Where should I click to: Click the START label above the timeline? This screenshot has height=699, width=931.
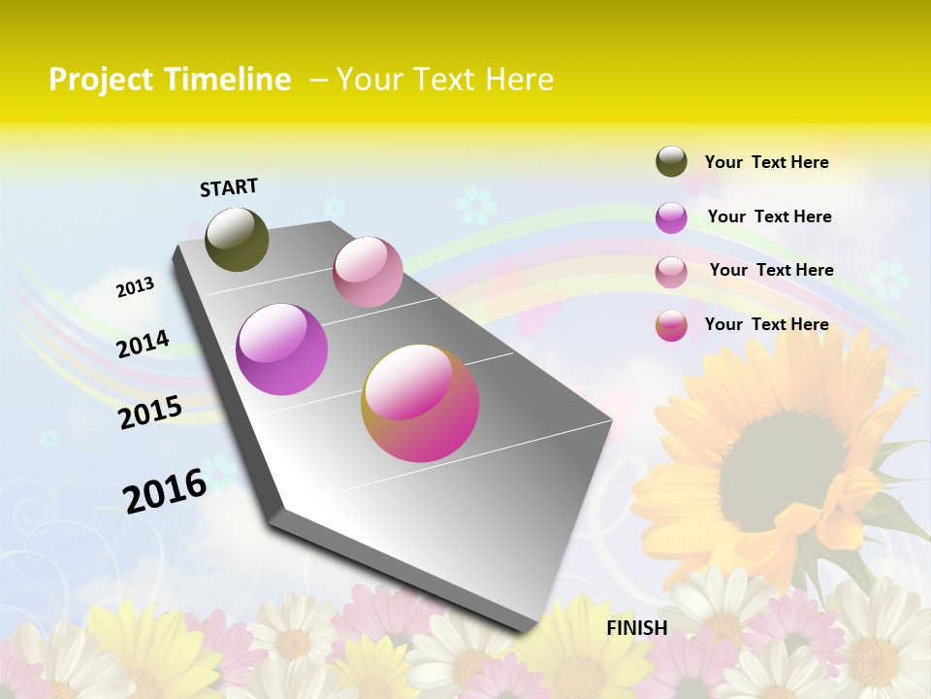(229, 187)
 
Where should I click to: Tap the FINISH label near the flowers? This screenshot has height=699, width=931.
(636, 628)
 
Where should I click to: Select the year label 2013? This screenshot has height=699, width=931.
(136, 286)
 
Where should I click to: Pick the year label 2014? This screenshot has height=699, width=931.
(144, 344)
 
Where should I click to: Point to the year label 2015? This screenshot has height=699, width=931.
(150, 412)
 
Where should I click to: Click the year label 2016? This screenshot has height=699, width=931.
(165, 490)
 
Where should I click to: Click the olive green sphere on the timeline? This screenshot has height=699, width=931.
(237, 239)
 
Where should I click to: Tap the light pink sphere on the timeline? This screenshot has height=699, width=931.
(368, 272)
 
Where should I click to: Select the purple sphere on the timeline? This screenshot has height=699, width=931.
(281, 349)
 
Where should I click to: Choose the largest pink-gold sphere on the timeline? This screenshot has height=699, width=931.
(420, 403)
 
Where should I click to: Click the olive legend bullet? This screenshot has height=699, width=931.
(671, 161)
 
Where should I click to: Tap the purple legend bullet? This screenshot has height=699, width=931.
(671, 217)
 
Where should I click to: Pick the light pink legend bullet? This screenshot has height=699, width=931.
(671, 272)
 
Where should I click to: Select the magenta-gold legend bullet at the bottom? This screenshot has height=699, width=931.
(671, 325)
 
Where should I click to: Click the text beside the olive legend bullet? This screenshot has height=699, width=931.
(766, 162)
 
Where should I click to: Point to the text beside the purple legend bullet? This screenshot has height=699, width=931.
(769, 216)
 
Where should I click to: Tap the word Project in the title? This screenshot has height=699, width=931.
(100, 80)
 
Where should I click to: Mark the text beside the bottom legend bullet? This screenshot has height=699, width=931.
(766, 324)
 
